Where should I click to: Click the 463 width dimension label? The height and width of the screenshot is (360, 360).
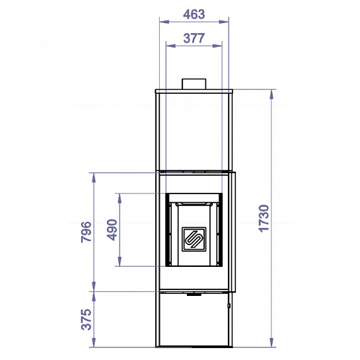[194, 15]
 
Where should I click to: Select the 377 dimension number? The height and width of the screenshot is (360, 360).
[194, 38]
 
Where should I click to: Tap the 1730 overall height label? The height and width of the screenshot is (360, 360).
[264, 219]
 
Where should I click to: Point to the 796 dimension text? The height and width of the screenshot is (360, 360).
[87, 232]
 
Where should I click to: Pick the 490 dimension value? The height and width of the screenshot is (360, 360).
[112, 230]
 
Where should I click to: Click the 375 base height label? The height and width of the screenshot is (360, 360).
[87, 319]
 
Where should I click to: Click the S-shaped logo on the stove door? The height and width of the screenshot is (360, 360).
[194, 239]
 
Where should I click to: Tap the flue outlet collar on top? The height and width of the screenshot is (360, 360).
[194, 84]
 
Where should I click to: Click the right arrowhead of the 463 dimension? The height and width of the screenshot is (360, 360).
[224, 22]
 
